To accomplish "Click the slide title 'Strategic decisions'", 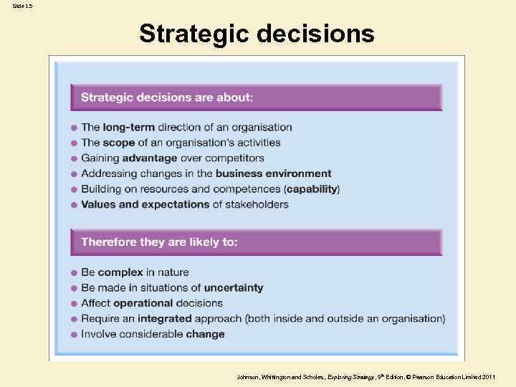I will click(257, 34).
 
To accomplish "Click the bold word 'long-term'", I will click(129, 128).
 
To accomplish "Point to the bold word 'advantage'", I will click(149, 158).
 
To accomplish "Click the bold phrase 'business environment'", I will click(273, 173).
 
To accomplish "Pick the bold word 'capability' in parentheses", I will click(312, 189).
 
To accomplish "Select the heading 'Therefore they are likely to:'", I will click(159, 242).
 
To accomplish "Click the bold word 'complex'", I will click(120, 272).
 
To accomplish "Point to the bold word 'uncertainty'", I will click(233, 288).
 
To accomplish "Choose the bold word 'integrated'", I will click(165, 318).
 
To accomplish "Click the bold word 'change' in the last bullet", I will click(205, 334).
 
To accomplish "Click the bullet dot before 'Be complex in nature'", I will click(74, 273).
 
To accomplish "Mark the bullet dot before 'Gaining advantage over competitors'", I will click(74, 158).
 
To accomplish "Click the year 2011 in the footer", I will click(489, 377).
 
